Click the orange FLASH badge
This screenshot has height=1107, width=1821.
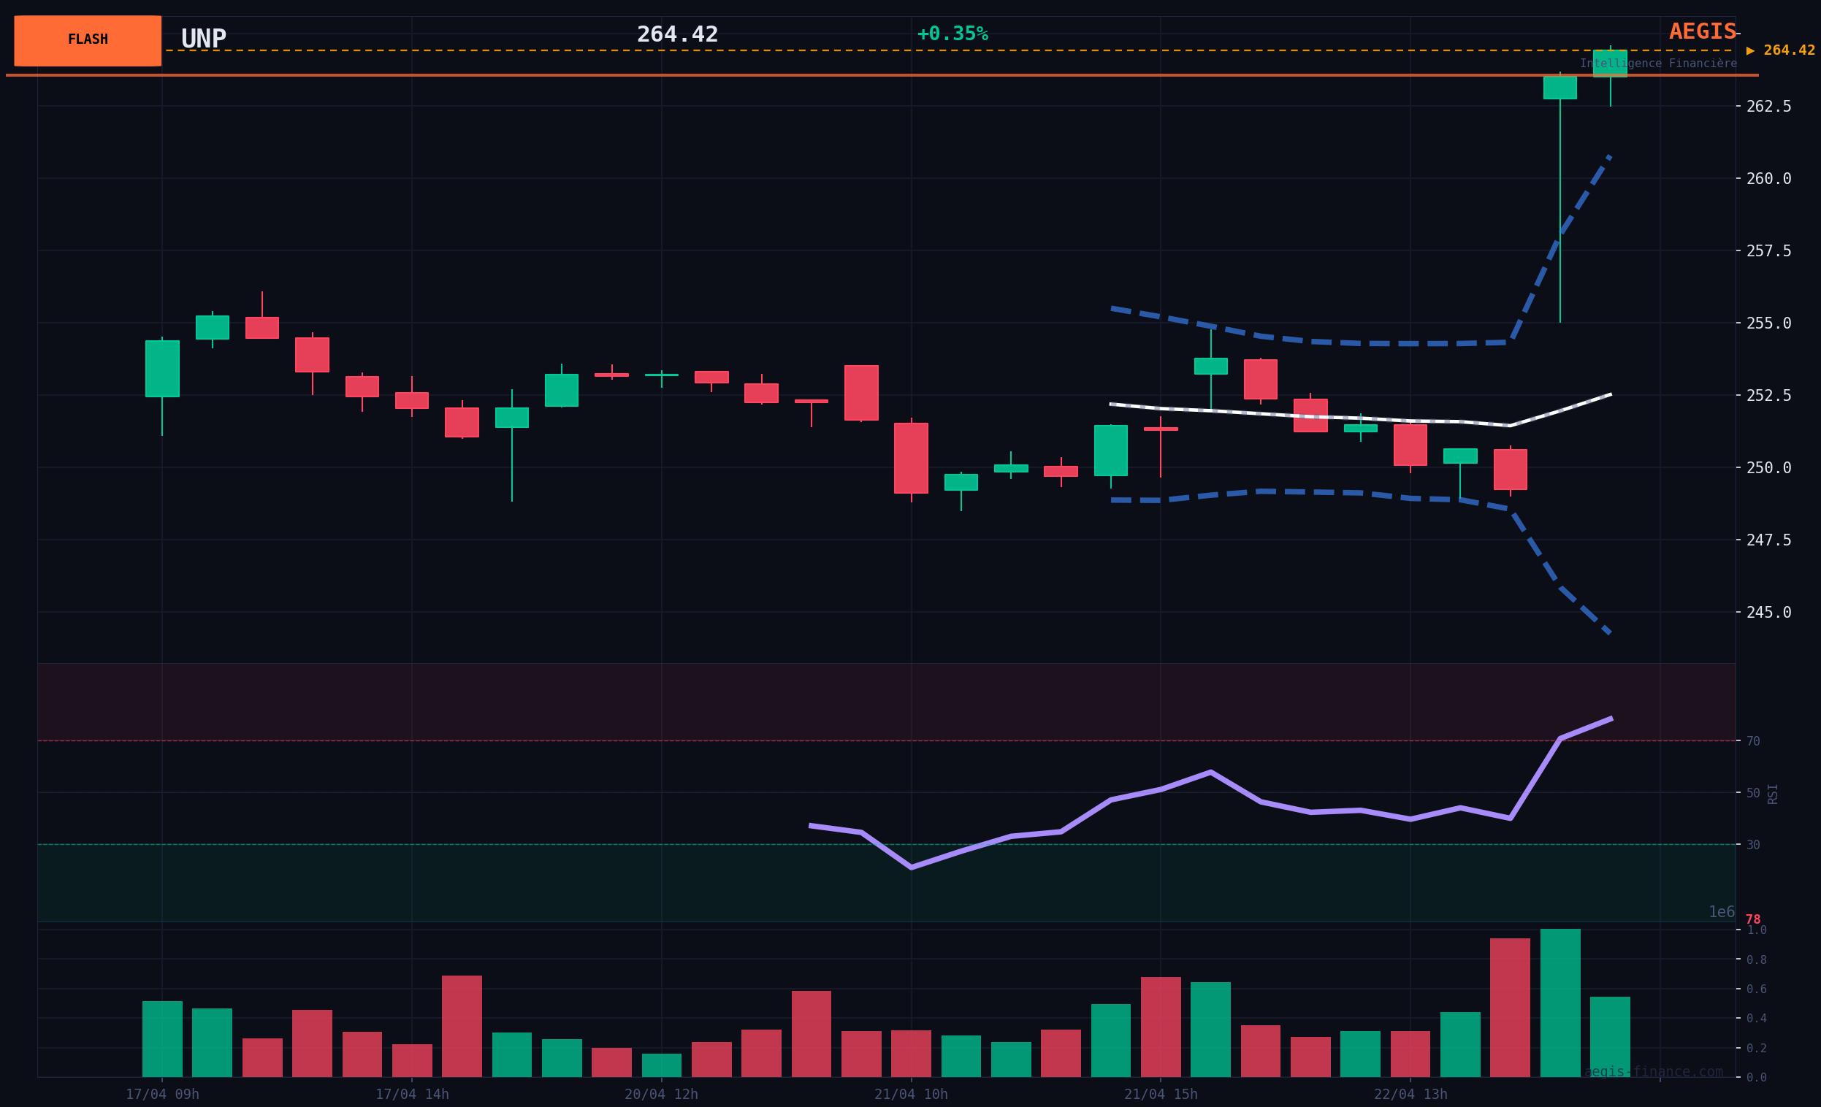pos(87,40)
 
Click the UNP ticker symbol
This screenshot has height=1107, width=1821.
pos(203,39)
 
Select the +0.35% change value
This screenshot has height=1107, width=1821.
pos(952,34)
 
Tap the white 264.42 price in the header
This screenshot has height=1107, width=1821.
pos(677,34)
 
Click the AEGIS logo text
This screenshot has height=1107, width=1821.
pos(1702,32)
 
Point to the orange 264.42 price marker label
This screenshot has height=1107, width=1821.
pos(1787,50)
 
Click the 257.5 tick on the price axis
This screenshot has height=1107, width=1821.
pos(1768,251)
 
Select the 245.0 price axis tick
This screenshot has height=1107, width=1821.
pos(1768,613)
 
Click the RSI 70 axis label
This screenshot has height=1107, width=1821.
pos(1753,741)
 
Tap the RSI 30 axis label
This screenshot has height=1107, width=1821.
pos(1753,845)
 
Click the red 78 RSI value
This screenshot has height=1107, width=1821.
pos(1753,919)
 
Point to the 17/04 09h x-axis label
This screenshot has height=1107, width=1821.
pos(162,1095)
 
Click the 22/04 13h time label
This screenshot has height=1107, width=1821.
pos(1410,1095)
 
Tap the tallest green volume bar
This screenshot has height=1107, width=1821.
pos(1560,1003)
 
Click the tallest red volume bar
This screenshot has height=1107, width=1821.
pos(1510,1007)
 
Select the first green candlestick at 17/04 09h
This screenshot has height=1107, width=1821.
pos(162,369)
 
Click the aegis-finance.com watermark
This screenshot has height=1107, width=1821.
pos(1653,1071)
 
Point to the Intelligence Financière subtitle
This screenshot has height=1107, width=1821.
pos(1657,64)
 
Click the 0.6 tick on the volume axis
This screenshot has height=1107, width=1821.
pos(1756,989)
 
